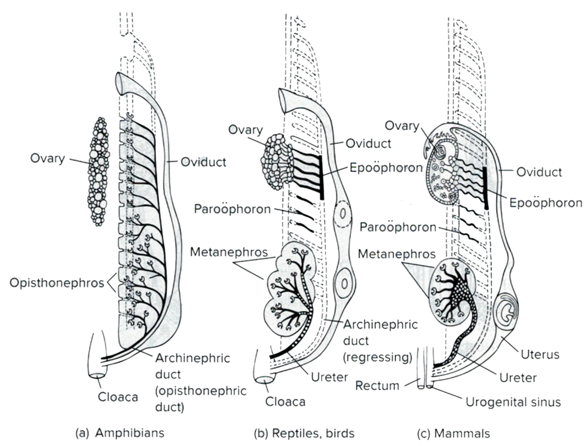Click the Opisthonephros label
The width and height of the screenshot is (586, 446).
[57, 283]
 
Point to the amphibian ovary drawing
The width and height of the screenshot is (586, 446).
[98, 172]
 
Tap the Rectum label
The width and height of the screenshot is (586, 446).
[378, 386]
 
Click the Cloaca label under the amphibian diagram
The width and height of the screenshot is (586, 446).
[118, 397]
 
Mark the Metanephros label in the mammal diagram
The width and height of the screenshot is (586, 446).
[397, 254]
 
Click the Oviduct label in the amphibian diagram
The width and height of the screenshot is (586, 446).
[203, 163]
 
